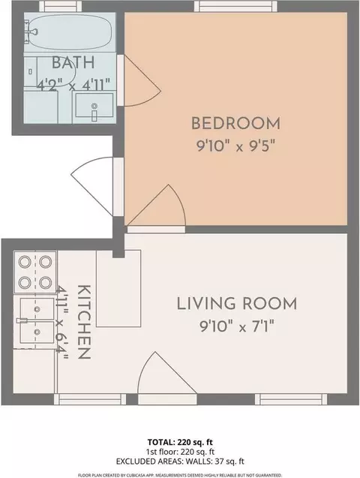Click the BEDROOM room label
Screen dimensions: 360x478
235,124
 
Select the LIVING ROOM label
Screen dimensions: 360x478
237,304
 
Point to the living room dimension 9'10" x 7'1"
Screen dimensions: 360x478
237,326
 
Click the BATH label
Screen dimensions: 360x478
73,62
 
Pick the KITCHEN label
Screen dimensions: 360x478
84,322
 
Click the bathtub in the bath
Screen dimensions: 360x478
70,32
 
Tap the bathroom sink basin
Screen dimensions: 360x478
94,105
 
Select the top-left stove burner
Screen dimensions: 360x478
25,262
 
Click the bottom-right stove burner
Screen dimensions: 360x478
46,282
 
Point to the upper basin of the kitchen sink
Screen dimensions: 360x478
37,309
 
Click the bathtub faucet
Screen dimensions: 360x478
31,32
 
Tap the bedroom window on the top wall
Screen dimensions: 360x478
235,6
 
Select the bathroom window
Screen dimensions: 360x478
61,6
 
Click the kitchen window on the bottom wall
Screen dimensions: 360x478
90,399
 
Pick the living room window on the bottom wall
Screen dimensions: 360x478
291,399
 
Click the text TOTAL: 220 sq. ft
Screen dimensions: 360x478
180,442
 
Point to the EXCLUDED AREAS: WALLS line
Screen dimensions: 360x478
180,461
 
